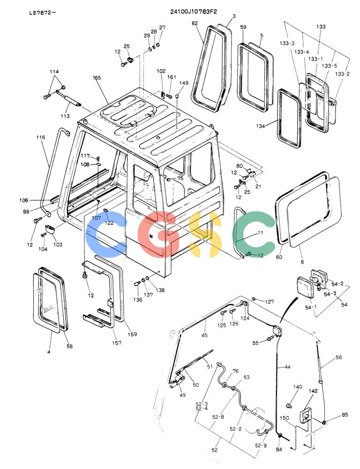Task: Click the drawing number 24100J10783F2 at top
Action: click(x=194, y=12)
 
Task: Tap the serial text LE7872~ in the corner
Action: click(x=42, y=13)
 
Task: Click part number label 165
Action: click(x=97, y=78)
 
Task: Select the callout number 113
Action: click(x=65, y=116)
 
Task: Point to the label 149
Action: click(x=184, y=83)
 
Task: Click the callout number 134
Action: click(x=260, y=126)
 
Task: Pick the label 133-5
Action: click(x=329, y=66)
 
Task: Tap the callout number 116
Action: click(x=41, y=137)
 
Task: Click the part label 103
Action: click(x=58, y=244)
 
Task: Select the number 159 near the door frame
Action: click(x=132, y=334)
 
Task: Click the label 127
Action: click(x=270, y=302)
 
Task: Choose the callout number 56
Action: click(x=338, y=357)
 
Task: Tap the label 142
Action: click(x=313, y=391)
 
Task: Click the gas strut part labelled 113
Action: click(x=69, y=98)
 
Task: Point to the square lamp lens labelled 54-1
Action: click(x=305, y=287)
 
